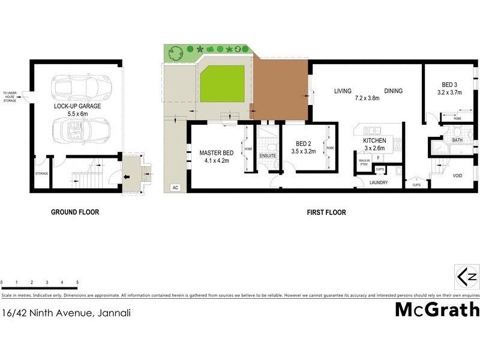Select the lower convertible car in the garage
point(82,129)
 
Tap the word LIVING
point(343,91)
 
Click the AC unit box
point(175,187)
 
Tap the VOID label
point(457,175)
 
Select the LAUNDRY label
point(379,183)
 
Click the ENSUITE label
point(268,156)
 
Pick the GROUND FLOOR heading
point(75,212)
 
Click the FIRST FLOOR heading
point(326,212)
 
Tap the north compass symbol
point(466,276)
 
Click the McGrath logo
point(437,310)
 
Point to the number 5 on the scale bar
point(77,282)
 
